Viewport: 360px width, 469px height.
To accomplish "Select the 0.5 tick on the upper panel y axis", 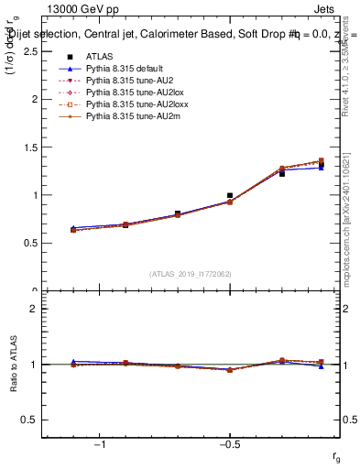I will pyautogui.click(x=30, y=243).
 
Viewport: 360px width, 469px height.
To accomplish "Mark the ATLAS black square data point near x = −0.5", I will pyautogui.click(x=230, y=196).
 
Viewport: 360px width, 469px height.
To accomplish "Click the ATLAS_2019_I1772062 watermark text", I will pyautogui.click(x=191, y=274).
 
